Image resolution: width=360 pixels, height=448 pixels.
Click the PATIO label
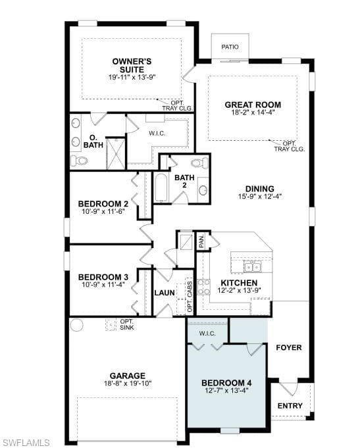click(230, 47)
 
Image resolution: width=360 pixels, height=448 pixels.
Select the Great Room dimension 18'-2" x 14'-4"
click(253, 112)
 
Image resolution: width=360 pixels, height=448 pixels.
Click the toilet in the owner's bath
click(79, 161)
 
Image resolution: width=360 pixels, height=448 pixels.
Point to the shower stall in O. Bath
click(116, 154)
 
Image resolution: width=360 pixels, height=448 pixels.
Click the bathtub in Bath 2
click(162, 187)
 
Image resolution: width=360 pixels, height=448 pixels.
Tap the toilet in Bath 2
click(200, 163)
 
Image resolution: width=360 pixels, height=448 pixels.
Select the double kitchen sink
click(253, 267)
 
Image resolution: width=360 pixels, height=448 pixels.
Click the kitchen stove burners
click(203, 287)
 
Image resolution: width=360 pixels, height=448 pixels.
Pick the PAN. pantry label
click(201, 241)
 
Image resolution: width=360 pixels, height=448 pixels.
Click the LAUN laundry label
click(165, 293)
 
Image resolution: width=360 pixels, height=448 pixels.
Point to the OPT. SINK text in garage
click(127, 324)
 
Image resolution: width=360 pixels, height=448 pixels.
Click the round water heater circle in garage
click(76, 325)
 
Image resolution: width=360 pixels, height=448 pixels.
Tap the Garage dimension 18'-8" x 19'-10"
click(128, 384)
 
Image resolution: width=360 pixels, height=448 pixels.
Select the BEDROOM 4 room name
click(227, 383)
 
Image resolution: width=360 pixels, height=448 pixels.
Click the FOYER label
click(289, 348)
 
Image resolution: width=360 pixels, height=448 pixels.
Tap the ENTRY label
click(290, 406)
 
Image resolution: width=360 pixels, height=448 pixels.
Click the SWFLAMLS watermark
click(25, 442)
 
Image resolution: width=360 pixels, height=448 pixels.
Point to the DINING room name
click(260, 189)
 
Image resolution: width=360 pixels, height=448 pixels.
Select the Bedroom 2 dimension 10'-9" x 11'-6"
click(103, 211)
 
